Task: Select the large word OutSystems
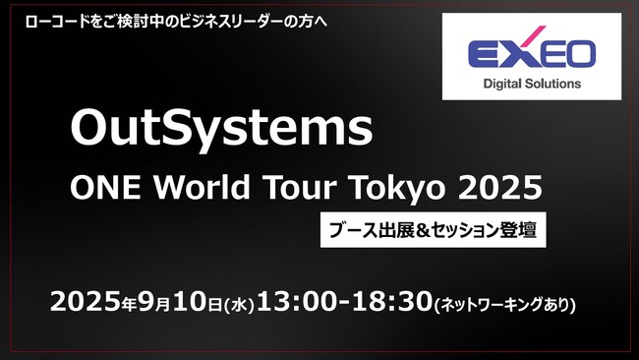(221, 129)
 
